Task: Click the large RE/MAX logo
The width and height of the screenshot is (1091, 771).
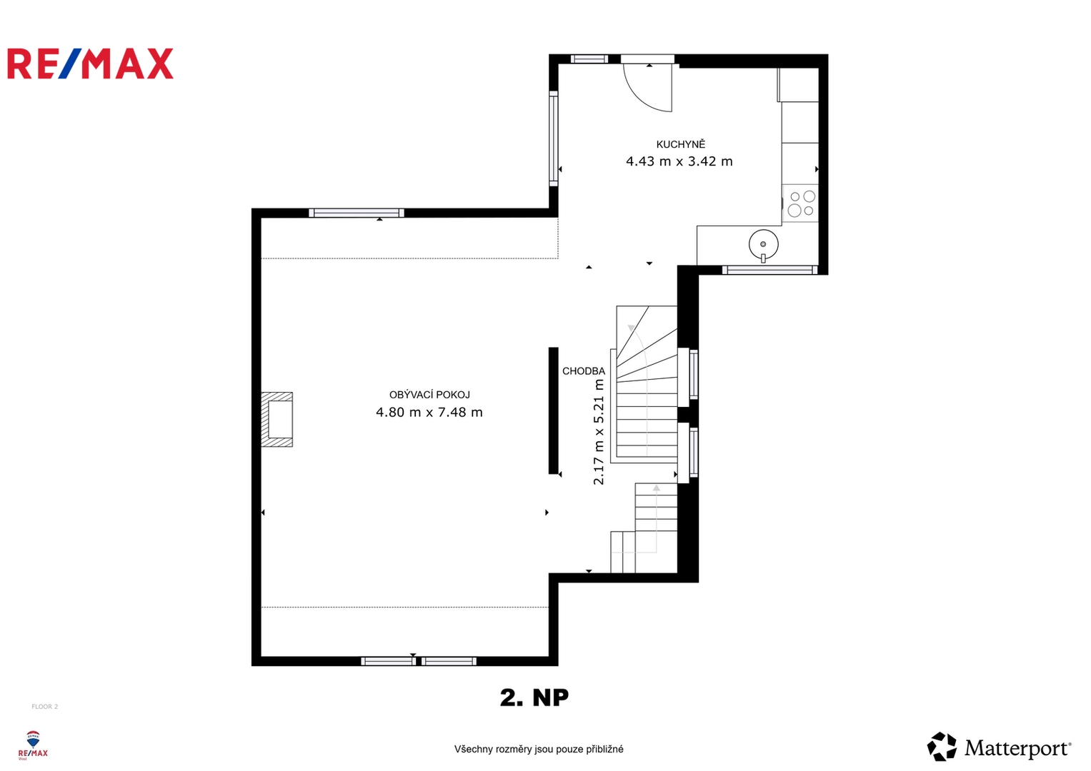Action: pyautogui.click(x=91, y=64)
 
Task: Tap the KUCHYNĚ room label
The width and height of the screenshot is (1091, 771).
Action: pyautogui.click(x=681, y=144)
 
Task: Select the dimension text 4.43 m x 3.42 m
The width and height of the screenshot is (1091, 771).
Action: pyautogui.click(x=679, y=161)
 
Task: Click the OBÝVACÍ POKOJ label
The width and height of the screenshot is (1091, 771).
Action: pyautogui.click(x=429, y=395)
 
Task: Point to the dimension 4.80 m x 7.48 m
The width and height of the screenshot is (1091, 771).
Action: pyautogui.click(x=429, y=413)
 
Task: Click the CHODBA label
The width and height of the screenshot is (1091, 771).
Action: pyautogui.click(x=584, y=371)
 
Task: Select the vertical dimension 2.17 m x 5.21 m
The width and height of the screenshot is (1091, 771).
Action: pyautogui.click(x=599, y=432)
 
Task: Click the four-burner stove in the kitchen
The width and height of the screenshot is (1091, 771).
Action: pyautogui.click(x=800, y=203)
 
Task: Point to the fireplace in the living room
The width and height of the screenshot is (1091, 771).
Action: pyautogui.click(x=277, y=419)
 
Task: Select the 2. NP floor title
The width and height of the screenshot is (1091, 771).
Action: pyautogui.click(x=534, y=697)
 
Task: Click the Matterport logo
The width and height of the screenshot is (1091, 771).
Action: pyautogui.click(x=999, y=746)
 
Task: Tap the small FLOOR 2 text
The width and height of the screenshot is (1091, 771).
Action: pyautogui.click(x=45, y=707)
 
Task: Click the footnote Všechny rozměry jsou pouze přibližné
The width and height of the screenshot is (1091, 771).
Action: pyautogui.click(x=539, y=749)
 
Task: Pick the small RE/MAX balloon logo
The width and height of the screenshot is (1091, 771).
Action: pyautogui.click(x=33, y=745)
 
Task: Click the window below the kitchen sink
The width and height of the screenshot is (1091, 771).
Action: pyautogui.click(x=769, y=270)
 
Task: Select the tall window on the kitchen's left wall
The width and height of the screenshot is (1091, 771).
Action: pyautogui.click(x=553, y=138)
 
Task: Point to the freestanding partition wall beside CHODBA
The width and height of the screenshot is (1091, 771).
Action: pyautogui.click(x=553, y=410)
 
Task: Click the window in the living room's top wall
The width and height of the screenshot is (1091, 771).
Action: pyautogui.click(x=357, y=213)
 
